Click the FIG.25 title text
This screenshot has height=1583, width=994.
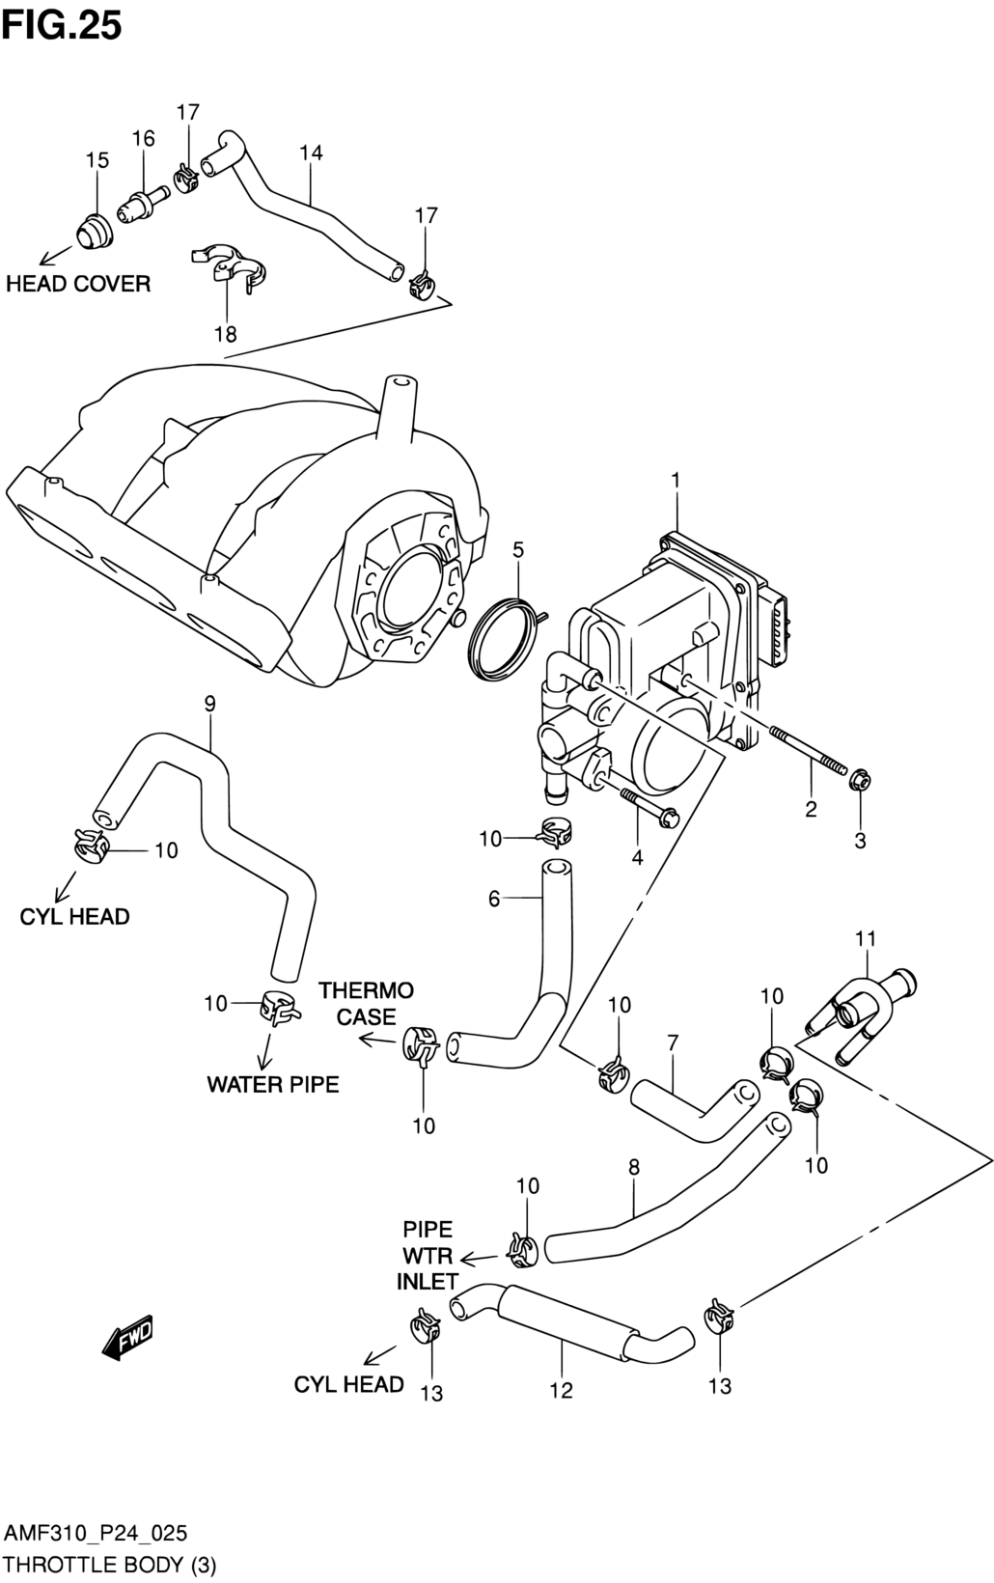pos(62,26)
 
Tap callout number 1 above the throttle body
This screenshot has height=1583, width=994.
pos(676,481)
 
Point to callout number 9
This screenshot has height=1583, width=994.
pos(209,704)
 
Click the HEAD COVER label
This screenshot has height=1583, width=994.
pos(78,284)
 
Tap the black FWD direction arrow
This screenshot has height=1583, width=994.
pos(127,1338)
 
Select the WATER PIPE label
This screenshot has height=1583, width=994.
pos(273,1084)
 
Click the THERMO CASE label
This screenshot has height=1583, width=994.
pos(366,1004)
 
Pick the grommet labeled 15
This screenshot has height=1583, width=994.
pos(94,230)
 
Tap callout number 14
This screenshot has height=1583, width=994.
pos(311,153)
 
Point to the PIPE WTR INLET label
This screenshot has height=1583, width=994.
pos(428,1255)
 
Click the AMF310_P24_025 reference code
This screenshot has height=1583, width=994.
pos(96,1534)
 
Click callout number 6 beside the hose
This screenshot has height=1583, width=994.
pos(494,899)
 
